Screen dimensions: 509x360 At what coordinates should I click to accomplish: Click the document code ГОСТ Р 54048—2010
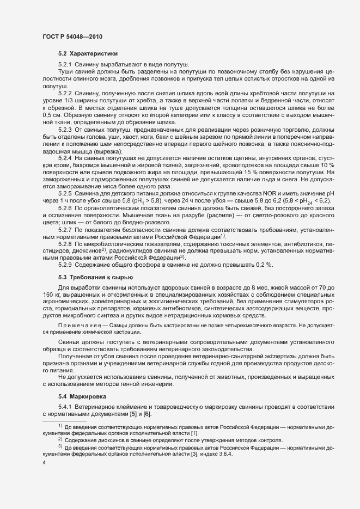(x=72, y=36)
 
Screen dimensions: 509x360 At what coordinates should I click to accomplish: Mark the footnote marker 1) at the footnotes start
(x=60, y=426)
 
